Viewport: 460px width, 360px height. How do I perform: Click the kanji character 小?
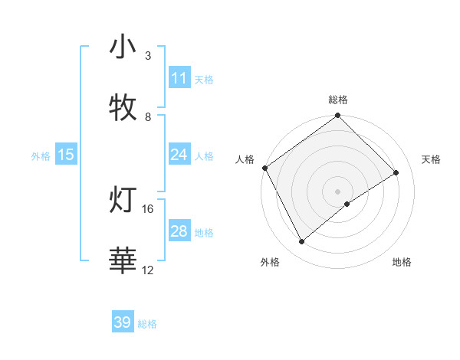pos(123,47)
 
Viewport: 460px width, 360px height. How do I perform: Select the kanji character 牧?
pos(123,108)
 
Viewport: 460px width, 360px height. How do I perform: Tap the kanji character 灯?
pos(123,200)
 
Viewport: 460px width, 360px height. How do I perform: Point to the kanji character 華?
pos(123,261)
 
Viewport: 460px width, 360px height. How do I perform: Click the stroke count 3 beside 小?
pos(148,56)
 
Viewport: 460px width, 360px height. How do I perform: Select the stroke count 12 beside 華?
pos(148,270)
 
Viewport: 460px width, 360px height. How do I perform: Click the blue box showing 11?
pos(179,78)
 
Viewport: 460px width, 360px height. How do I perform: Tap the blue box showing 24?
pos(179,155)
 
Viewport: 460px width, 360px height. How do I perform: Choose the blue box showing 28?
pos(179,231)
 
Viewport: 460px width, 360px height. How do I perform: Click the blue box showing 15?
pos(66,155)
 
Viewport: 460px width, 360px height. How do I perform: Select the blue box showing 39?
pos(123,322)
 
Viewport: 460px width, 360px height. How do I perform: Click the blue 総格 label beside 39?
pos(148,324)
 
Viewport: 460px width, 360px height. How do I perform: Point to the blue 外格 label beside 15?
pos(41,156)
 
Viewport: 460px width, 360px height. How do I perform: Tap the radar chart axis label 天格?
pos(432,159)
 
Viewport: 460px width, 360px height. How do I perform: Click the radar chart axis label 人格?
pos(245,159)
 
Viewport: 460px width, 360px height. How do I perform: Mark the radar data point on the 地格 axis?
pos(347,204)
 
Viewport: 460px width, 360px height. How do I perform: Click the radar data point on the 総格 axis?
pos(337,116)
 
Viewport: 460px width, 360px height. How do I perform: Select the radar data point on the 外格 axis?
pos(302,242)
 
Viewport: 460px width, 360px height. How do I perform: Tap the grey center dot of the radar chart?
pos(337,191)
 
